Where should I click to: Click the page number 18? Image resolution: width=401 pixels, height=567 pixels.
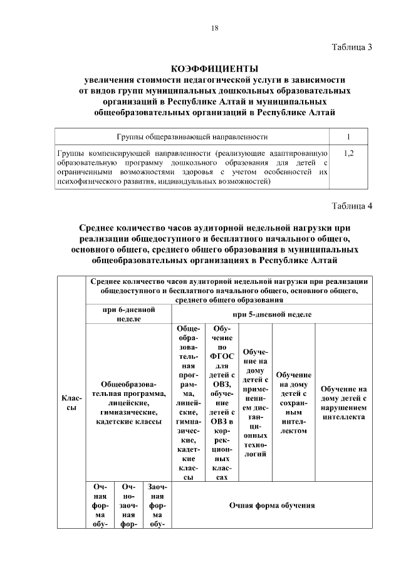(214, 28)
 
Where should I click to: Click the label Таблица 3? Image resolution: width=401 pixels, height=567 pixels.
(352, 48)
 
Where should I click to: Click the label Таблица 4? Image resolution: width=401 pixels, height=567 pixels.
(352, 206)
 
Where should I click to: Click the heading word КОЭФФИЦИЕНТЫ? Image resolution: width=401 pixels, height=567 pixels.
(214, 68)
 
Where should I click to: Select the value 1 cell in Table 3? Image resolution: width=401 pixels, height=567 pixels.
(348, 136)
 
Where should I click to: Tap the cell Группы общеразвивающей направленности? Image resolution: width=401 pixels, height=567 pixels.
(192, 136)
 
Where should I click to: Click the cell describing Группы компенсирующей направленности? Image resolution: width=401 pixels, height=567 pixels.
(192, 167)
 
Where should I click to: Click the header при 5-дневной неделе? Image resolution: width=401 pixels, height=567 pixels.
(273, 314)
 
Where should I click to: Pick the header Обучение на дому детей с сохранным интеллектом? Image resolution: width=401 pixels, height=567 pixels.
(293, 403)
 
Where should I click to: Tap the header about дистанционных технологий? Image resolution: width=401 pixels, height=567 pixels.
(255, 403)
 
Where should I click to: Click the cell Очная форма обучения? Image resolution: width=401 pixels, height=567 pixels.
(273, 505)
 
